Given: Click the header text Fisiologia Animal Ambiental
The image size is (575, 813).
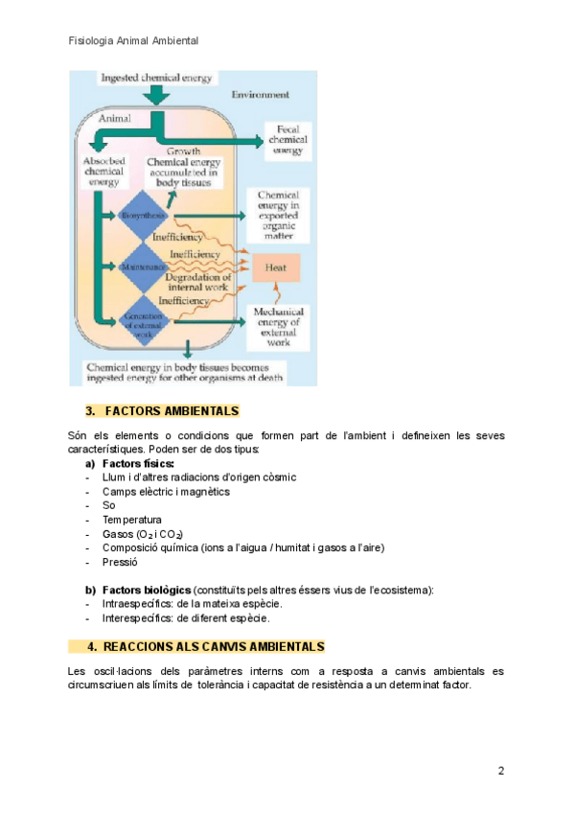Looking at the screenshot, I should [133, 41].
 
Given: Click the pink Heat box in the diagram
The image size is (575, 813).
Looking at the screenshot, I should [275, 267].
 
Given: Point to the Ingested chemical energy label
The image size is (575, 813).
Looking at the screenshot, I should [157, 78].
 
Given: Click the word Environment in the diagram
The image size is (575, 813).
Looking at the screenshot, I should [260, 95].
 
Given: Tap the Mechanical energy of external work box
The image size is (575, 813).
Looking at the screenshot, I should [279, 327].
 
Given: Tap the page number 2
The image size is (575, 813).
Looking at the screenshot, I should [500, 771].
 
